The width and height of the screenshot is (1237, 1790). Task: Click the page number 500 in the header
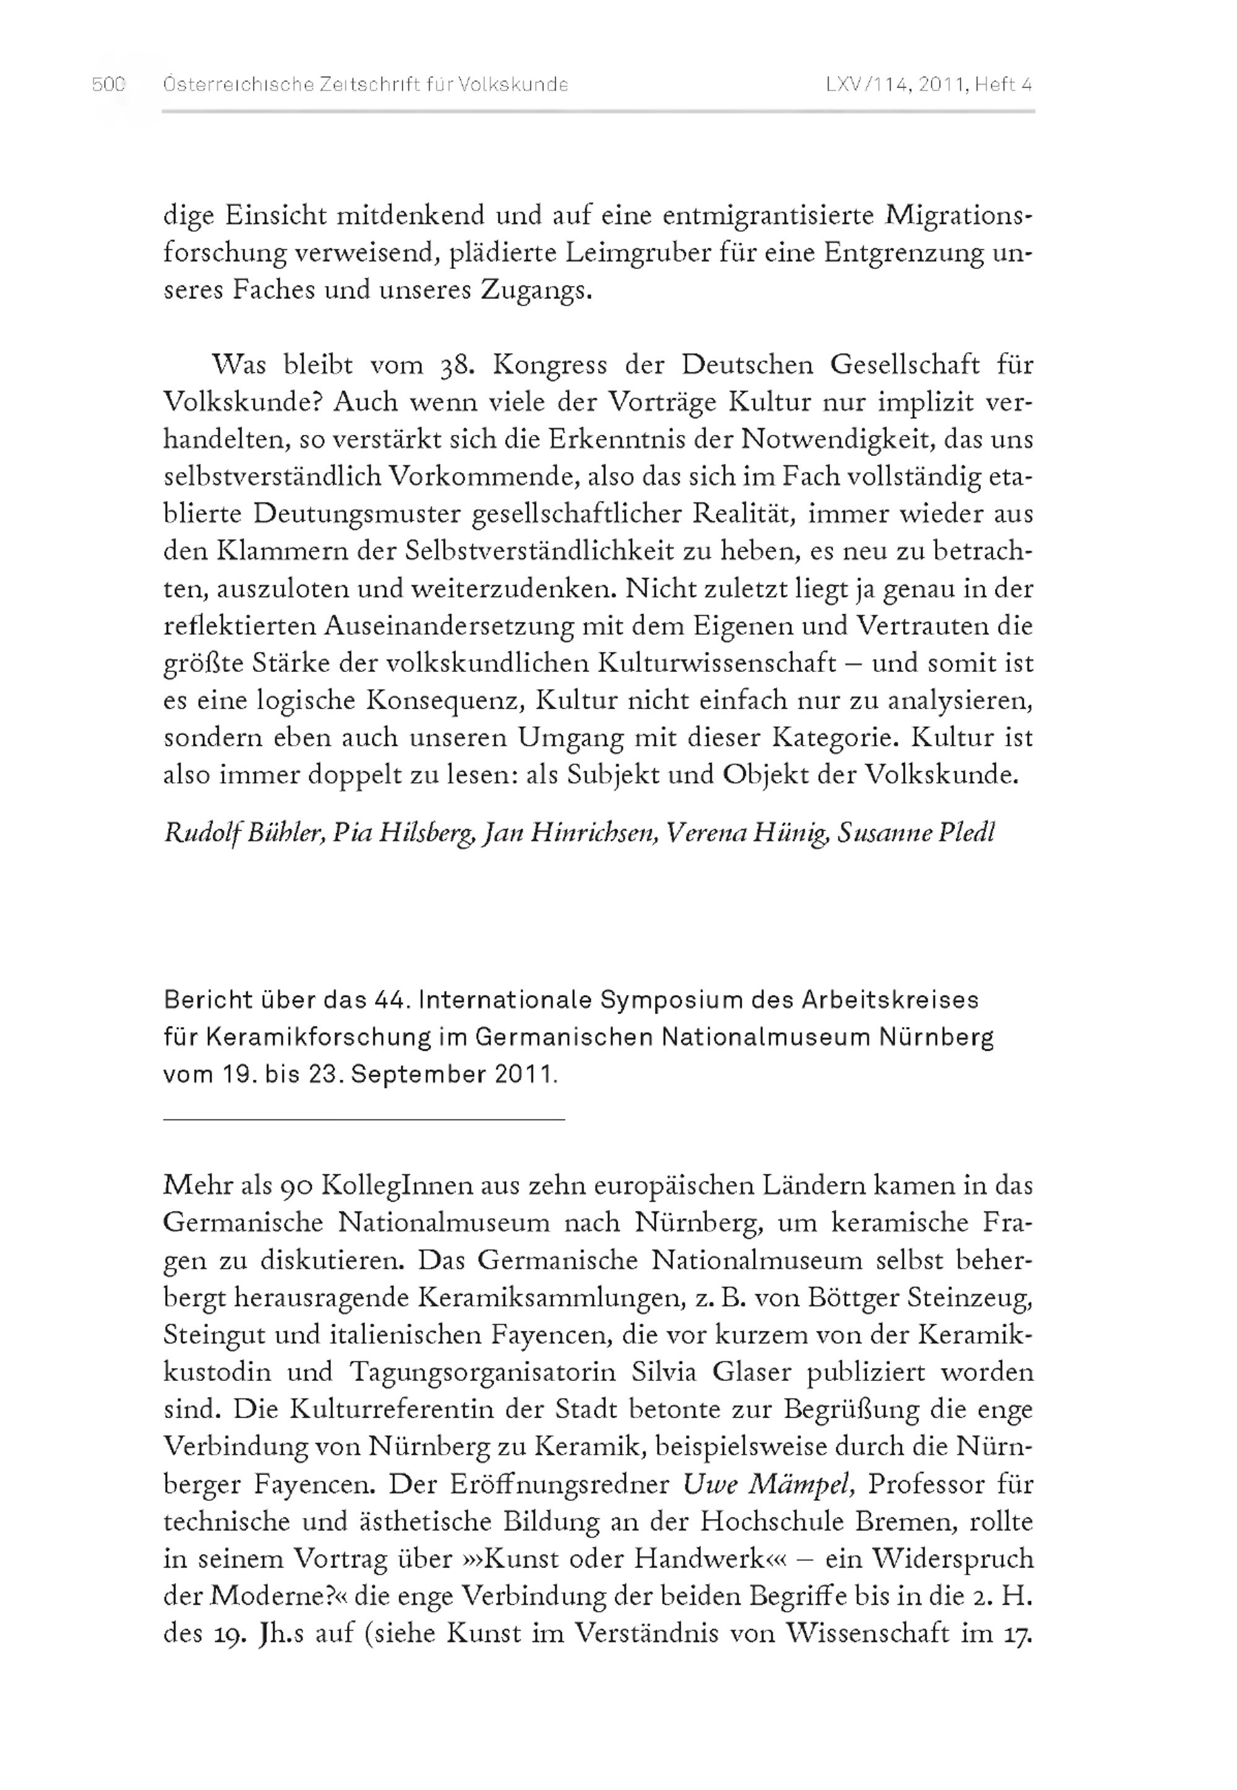(108, 85)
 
